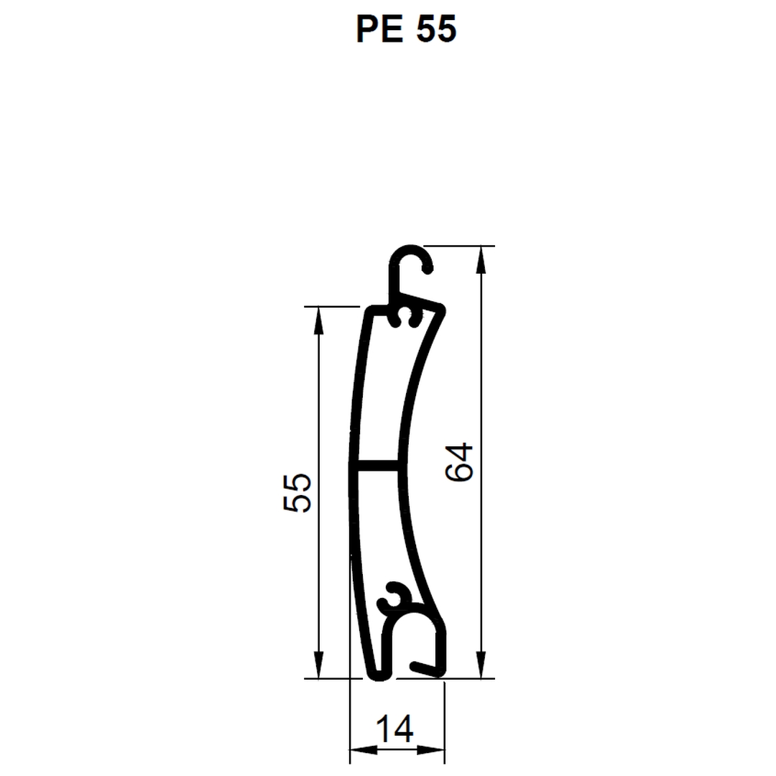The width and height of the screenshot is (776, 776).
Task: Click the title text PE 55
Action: pos(406,29)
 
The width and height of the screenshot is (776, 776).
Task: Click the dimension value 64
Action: pos(459,462)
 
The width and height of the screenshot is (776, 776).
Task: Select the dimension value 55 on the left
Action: pos(297,492)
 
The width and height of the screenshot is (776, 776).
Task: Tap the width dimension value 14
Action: pos(394,729)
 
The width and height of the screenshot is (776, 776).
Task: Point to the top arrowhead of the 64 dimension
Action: pos(481,259)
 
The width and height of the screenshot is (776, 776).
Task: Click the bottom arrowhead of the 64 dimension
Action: pos(481,665)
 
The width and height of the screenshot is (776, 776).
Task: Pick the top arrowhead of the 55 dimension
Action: pos(318,320)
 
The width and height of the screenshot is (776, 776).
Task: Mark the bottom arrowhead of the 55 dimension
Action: pos(318,665)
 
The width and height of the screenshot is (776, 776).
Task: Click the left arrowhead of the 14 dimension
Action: pos(364,750)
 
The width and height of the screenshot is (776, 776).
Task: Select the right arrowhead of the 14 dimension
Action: pos(430,750)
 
